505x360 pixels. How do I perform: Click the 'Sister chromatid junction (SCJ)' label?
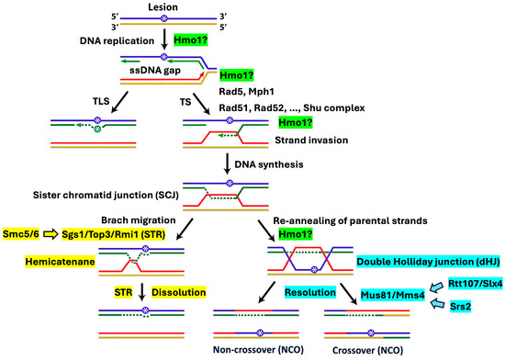104,195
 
